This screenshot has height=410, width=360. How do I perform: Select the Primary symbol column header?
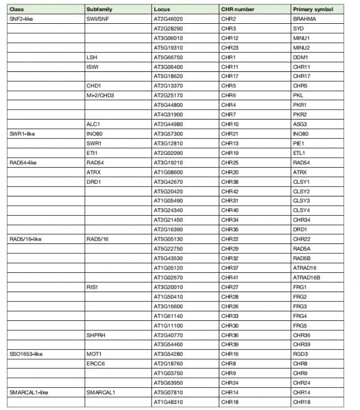pyautogui.click(x=312, y=9)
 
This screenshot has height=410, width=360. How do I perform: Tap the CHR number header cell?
pyautogui.click(x=236, y=9)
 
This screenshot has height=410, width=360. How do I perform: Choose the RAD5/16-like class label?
pyautogui.click(x=25, y=238)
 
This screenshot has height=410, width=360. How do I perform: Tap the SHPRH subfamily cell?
pyautogui.click(x=96, y=334)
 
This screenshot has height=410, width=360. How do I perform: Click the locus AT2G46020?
pyautogui.click(x=169, y=19)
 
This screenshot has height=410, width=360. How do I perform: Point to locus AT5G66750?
pyautogui.click(x=169, y=57)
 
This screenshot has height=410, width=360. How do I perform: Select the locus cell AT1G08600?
pyautogui.click(x=169, y=172)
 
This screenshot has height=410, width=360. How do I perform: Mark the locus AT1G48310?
pyautogui.click(x=169, y=401)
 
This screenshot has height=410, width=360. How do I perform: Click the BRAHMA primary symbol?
pyautogui.click(x=305, y=19)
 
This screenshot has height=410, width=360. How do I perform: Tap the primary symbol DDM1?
pyautogui.click(x=301, y=57)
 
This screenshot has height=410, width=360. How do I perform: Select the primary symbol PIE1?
pyautogui.click(x=300, y=143)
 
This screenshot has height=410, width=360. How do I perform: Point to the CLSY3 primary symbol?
pyautogui.click(x=302, y=200)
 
